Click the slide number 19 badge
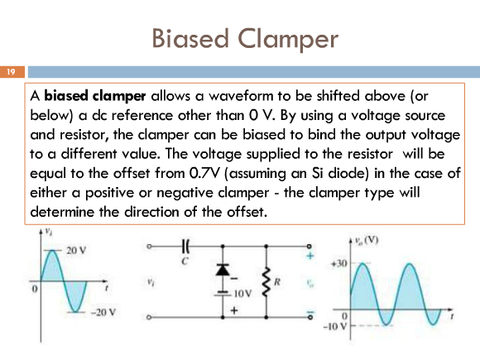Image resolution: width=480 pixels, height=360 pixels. (12, 72)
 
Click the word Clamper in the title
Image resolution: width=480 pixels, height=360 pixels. (288, 39)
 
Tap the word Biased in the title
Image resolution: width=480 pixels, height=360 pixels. (190, 38)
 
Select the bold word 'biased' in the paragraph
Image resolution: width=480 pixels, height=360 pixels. (66, 96)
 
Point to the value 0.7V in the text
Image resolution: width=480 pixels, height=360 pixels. (204, 173)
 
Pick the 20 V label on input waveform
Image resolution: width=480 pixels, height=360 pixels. (76, 251)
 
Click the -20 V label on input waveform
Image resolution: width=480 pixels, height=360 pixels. (103, 313)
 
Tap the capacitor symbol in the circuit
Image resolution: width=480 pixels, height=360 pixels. (185, 246)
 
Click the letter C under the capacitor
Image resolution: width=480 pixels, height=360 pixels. (185, 262)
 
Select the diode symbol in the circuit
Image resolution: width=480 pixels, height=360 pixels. (223, 269)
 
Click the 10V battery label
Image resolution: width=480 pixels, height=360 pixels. (242, 294)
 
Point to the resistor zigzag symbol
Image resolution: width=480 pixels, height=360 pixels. (266, 281)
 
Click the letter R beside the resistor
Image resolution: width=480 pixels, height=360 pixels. (277, 281)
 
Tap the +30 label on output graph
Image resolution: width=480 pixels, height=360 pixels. (339, 263)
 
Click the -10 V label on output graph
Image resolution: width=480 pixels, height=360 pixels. (336, 326)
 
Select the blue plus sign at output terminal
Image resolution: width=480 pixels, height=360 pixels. (310, 256)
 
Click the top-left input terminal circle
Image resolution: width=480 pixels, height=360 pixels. (149, 246)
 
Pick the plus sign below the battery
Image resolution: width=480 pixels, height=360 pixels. (234, 310)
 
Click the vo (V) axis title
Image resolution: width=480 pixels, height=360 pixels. (367, 240)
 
